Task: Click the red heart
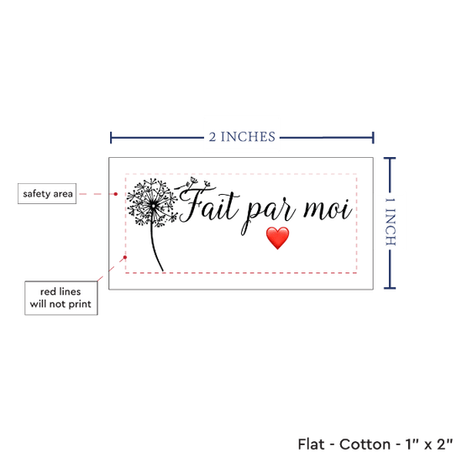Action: tap(277, 238)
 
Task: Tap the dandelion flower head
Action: tap(152, 202)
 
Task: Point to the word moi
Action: tap(328, 208)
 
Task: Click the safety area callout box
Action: tap(47, 193)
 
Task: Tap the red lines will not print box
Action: tap(61, 298)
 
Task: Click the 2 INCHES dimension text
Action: tap(242, 137)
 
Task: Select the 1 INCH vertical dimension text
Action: tap(391, 222)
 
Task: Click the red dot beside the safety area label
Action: tap(116, 194)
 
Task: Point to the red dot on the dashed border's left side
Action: tap(125, 257)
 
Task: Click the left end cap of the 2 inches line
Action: tap(111, 138)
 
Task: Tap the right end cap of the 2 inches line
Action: tap(373, 138)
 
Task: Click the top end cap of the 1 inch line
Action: tap(390, 159)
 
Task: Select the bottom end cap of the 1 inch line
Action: tap(390, 287)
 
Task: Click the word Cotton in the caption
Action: tap(365, 444)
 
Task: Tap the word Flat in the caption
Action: tap(311, 444)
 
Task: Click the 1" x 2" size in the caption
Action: tap(429, 444)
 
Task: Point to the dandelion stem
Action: tap(155, 247)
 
